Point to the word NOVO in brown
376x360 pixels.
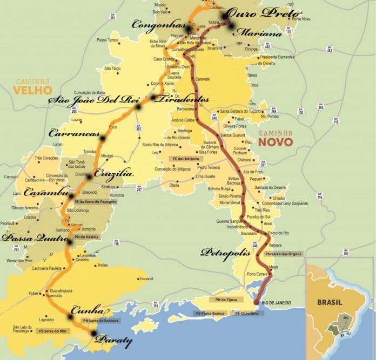pyautogui.click(x=275, y=142)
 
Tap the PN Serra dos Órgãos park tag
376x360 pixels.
pyautogui.click(x=284, y=254)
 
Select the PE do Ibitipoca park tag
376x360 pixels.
pyautogui.click(x=185, y=159)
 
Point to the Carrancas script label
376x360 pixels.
pyautogui.click(x=74, y=133)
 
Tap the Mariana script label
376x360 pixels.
pyautogui.click(x=258, y=33)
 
